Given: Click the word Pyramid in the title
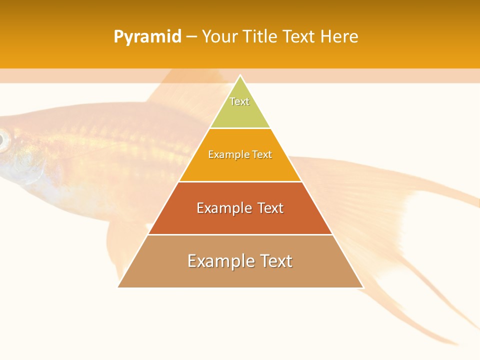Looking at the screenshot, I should pyautogui.click(x=147, y=36).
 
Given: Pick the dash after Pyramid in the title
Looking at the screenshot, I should pyautogui.click(x=191, y=37).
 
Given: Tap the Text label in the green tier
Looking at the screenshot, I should pyautogui.click(x=239, y=101).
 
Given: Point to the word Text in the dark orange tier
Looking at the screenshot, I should pyautogui.click(x=268, y=208).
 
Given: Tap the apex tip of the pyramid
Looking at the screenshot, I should pyautogui.click(x=240, y=76).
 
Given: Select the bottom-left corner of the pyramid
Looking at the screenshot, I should pyautogui.click(x=118, y=287).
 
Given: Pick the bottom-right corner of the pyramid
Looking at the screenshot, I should pyautogui.click(x=363, y=287).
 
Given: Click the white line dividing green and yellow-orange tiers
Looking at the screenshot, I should pyautogui.click(x=240, y=128).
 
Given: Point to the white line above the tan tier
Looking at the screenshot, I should pyautogui.click(x=240, y=234).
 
